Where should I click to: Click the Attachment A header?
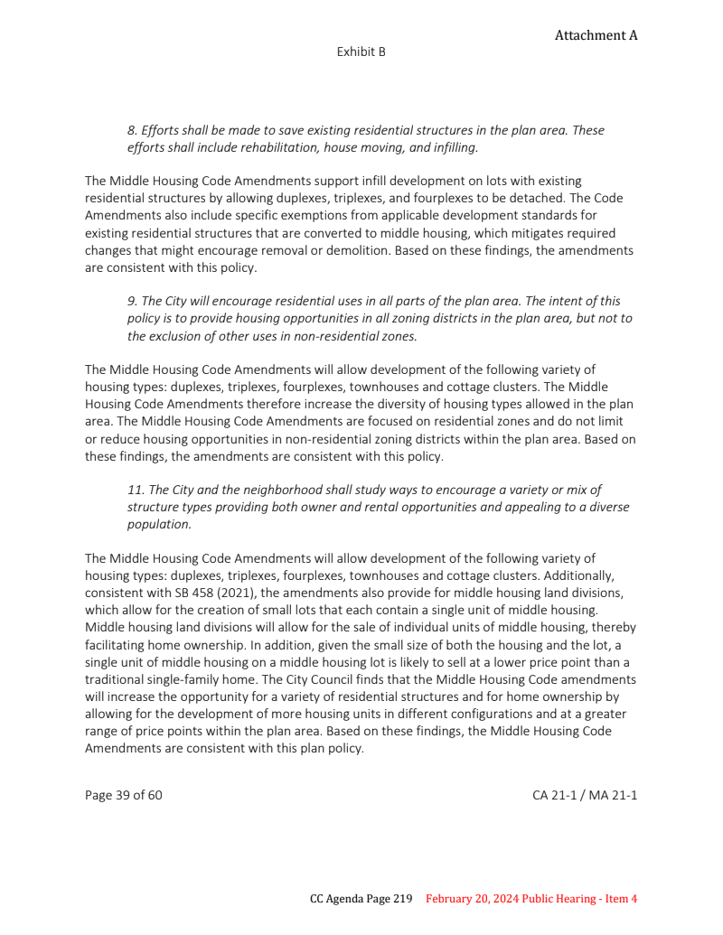596,35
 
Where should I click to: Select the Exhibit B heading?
361,52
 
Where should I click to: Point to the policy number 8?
132,130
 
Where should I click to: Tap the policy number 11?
136,490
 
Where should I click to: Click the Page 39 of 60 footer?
124,795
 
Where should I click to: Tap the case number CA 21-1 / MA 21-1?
585,795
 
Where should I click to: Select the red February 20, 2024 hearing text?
531,899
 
